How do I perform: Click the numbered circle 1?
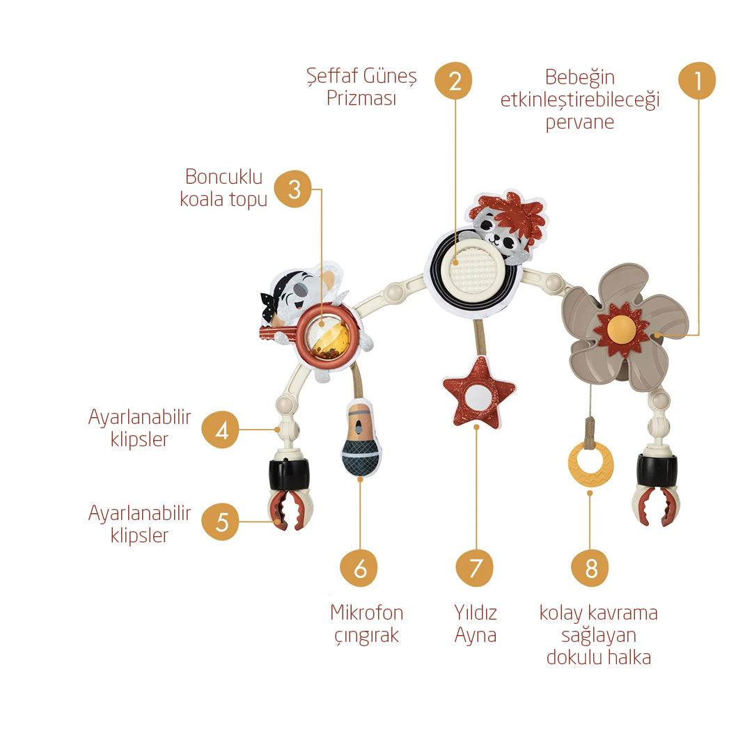coord(697,81)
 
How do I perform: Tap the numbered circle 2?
coord(453,81)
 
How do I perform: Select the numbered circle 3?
coord(292,189)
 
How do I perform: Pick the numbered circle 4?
coord(220,430)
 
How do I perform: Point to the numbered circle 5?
coord(220,522)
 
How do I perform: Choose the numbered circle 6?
coord(359,568)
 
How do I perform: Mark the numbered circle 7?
coord(475,568)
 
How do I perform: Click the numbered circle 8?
coord(590,568)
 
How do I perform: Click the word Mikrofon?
coord(367,613)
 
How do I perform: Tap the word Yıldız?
coord(476,613)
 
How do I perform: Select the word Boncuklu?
coord(224,176)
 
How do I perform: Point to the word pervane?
coord(580,123)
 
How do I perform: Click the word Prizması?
coord(361,98)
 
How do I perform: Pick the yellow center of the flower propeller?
coord(622,329)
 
